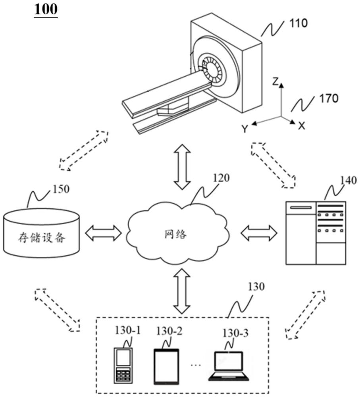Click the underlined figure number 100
[x=46, y=9]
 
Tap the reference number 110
[x=298, y=23]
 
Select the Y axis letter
[x=246, y=128]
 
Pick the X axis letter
[x=302, y=126]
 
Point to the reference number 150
[x=60, y=189]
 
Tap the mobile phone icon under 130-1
[x=123, y=365]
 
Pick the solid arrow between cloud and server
[x=259, y=233]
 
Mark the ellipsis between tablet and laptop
[x=196, y=375]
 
